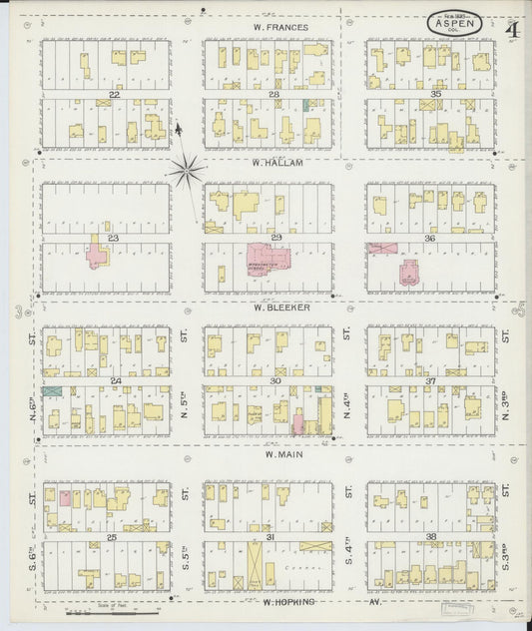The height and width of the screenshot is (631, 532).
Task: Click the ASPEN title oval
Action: [x=455, y=21]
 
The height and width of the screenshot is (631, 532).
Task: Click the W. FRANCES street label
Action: [x=280, y=27]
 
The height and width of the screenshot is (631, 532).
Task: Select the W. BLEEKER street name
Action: [x=280, y=308]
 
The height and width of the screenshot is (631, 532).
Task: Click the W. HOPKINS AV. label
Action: [x=300, y=602]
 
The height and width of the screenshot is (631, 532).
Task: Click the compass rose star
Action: [x=186, y=171]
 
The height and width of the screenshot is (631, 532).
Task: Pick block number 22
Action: [x=115, y=94]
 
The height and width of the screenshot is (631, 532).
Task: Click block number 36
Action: [x=434, y=239]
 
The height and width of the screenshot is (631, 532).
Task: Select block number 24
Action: [x=115, y=381]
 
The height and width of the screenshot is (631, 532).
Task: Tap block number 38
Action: [x=434, y=537]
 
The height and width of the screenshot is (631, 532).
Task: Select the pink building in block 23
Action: [x=99, y=254]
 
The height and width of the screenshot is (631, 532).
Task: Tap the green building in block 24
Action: [x=53, y=390]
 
